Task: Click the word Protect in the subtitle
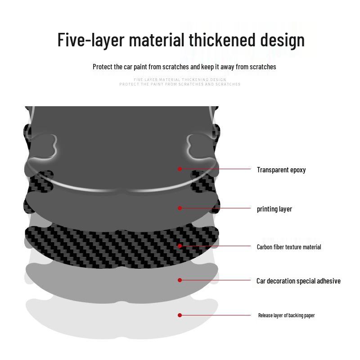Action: point(103,67)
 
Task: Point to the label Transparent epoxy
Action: point(281,170)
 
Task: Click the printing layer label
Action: point(274,209)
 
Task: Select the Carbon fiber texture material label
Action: point(289,247)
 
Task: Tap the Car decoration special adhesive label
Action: point(298,281)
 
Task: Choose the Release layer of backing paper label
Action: point(286,315)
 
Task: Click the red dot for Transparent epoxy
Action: point(180,169)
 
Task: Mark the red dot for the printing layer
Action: point(180,208)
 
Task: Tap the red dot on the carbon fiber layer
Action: point(180,246)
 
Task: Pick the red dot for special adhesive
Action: point(180,280)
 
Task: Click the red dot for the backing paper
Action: point(180,315)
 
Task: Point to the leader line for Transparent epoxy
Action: point(216,169)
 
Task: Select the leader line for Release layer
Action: point(216,315)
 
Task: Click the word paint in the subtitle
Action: point(141,67)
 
